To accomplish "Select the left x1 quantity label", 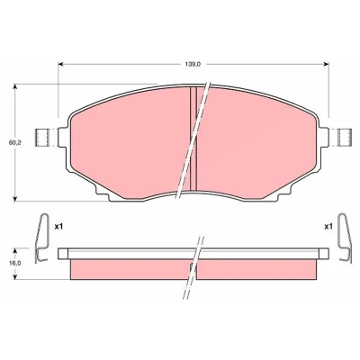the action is [x=58, y=227].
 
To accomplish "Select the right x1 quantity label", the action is [x=328, y=227].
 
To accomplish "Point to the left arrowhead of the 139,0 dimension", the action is [x=60, y=64].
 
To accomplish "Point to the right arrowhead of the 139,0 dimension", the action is [x=326, y=64].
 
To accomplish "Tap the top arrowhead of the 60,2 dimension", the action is [x=15, y=87].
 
